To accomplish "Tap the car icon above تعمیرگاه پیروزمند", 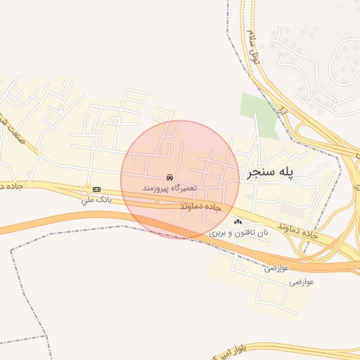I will point(169,177).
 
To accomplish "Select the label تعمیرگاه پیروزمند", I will point(169,188).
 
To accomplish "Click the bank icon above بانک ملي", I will point(96,189).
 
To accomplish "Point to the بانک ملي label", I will point(96,200).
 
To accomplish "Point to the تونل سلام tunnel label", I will point(254,44).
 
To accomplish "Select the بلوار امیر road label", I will point(236,352).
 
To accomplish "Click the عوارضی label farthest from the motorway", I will point(300,281).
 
